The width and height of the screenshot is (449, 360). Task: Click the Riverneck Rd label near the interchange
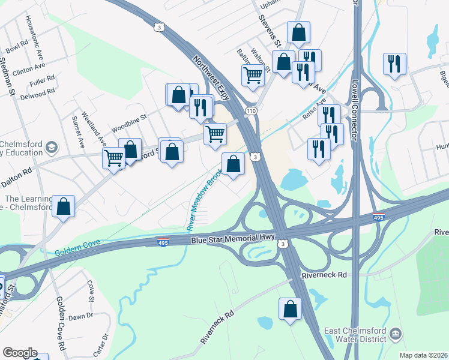click(325, 275)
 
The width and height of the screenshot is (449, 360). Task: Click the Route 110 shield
click(251, 112)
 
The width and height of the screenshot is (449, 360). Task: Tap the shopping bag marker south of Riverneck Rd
click(290, 310)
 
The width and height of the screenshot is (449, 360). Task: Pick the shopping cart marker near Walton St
click(253, 76)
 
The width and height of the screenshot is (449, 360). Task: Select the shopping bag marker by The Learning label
click(63, 206)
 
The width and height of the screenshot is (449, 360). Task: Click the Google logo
click(20, 352)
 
